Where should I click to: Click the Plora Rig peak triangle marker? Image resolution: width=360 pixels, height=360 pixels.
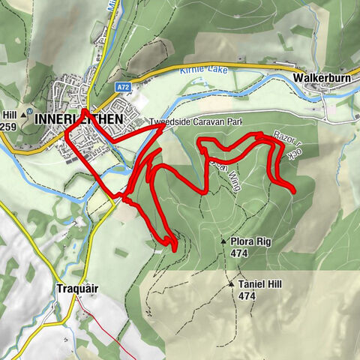click(223, 241)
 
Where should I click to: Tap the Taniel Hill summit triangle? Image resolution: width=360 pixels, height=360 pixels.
click(231, 285)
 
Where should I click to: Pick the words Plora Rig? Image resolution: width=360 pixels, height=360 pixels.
click(250, 241)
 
